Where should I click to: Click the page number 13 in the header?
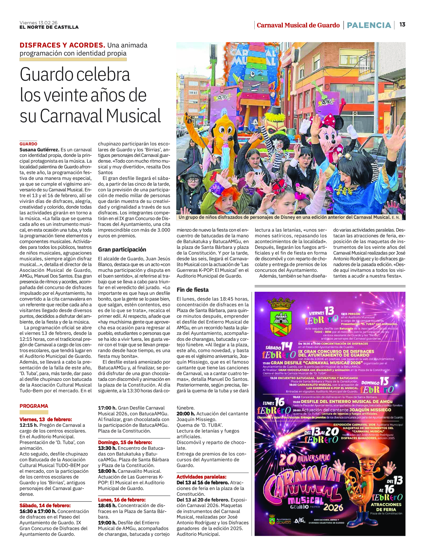[x=402, y=25]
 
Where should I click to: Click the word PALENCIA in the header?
[x=369, y=25]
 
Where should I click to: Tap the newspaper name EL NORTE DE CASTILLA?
[x=49, y=27]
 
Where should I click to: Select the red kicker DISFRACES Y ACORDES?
[x=62, y=45]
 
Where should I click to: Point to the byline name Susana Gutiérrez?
[x=39, y=150]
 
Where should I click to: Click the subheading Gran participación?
[x=122, y=250]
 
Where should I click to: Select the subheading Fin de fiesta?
[x=193, y=290]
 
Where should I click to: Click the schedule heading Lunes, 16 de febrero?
[x=122, y=500]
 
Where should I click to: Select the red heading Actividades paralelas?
[x=201, y=477]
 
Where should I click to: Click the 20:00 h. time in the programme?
[x=185, y=414]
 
